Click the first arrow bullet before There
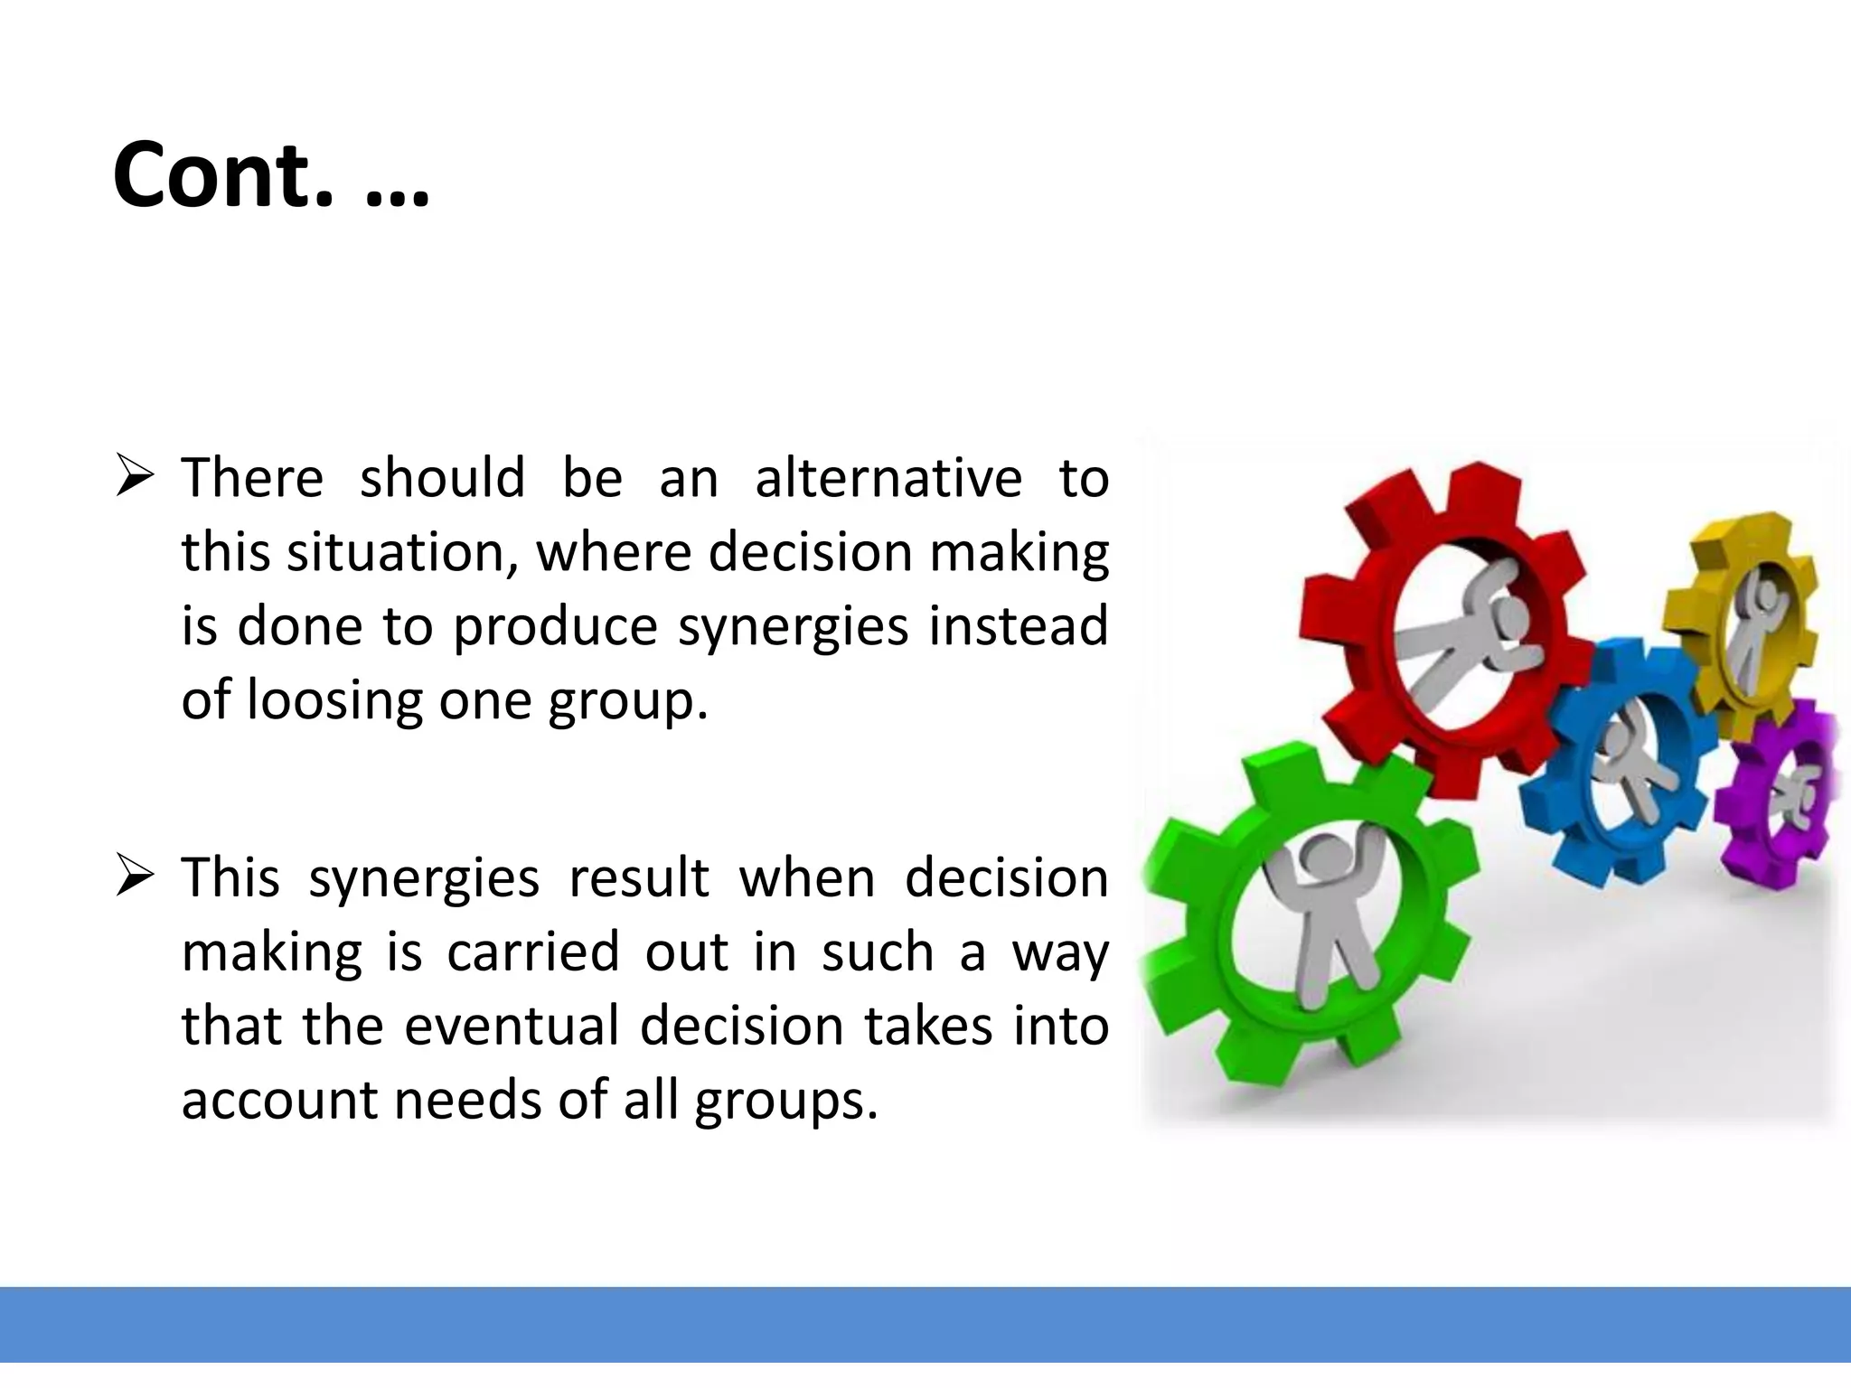[x=135, y=478]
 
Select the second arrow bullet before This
[x=135, y=877]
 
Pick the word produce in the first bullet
[x=555, y=627]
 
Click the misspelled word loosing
[x=334, y=700]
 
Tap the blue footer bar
[x=925, y=1324]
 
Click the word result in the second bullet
[x=638, y=877]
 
